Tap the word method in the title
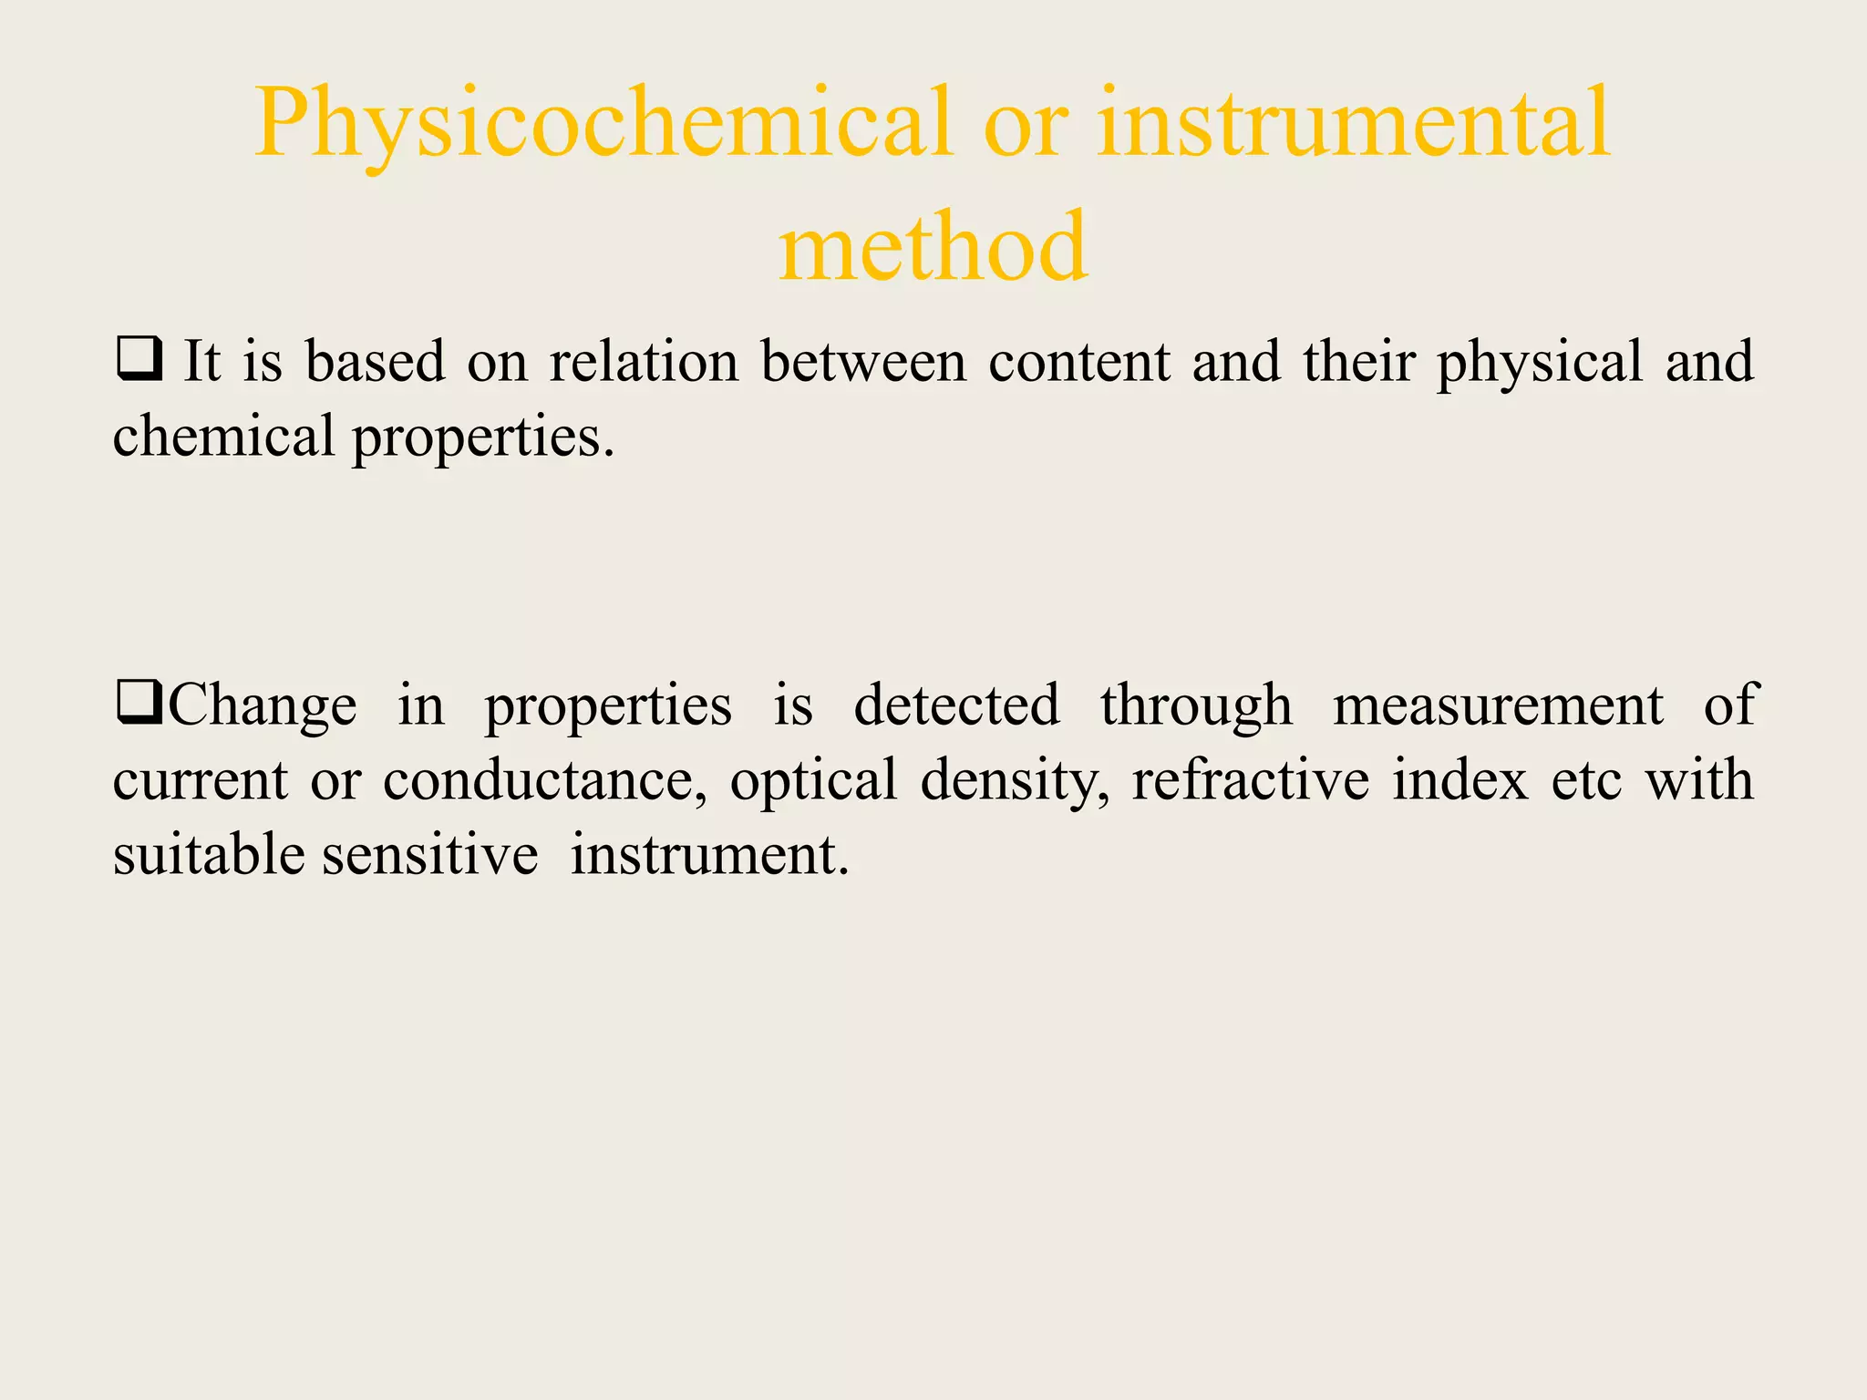click(x=933, y=246)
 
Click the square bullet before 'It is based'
click(x=139, y=359)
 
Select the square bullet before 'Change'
click(x=139, y=704)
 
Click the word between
click(x=863, y=361)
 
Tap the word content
click(x=1079, y=361)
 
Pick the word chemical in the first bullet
click(x=223, y=436)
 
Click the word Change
click(x=263, y=705)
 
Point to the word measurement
click(x=1498, y=705)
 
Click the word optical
click(x=813, y=782)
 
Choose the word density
click(x=1015, y=782)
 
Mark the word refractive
click(x=1250, y=780)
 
